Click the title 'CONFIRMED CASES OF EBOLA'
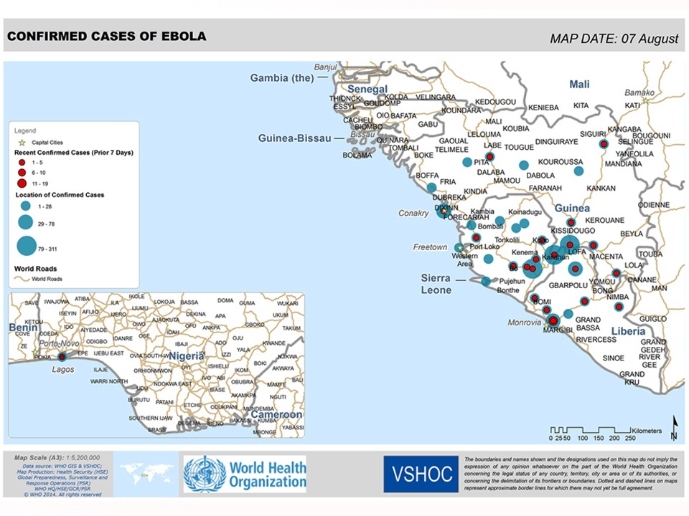[107, 36]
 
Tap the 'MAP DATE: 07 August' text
[614, 39]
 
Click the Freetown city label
[430, 247]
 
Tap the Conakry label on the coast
[413, 213]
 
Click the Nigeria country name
[187, 355]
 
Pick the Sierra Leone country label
[436, 284]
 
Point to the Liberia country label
[628, 331]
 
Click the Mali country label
[579, 85]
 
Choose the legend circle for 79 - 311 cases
[26, 246]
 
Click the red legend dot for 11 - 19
[22, 183]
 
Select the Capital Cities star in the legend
[22, 142]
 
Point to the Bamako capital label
[639, 92]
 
